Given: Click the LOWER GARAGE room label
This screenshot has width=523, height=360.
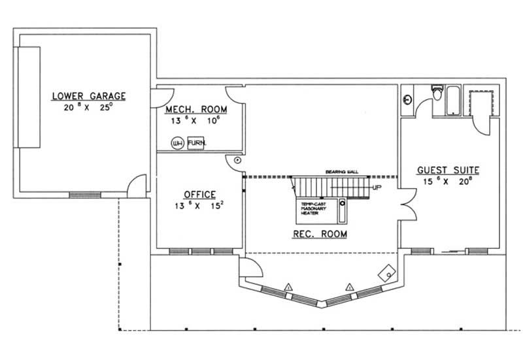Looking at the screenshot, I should tap(89, 97).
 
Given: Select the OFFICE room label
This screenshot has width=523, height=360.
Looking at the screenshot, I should tap(199, 194).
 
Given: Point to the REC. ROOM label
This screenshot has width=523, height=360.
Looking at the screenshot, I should tap(320, 233).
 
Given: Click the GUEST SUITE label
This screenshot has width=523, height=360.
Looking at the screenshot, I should tap(448, 170).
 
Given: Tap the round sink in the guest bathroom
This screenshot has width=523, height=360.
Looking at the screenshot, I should tap(407, 100).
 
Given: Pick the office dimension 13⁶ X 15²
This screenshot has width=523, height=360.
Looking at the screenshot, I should tap(199, 206).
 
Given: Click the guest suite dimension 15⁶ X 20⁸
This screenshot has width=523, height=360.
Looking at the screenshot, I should tap(448, 182).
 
